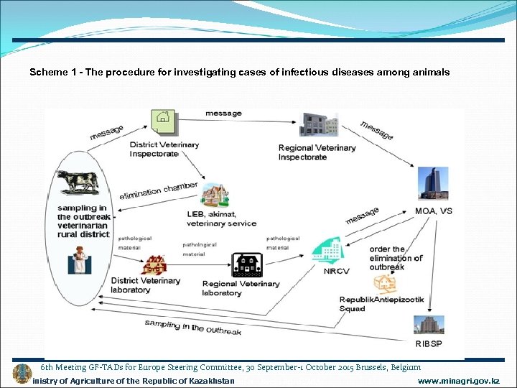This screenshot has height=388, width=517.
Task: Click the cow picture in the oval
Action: [78, 181]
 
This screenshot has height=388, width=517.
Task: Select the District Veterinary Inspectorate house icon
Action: [163, 122]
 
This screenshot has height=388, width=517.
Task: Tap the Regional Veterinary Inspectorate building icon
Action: [319, 124]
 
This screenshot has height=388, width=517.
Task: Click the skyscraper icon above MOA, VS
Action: [434, 183]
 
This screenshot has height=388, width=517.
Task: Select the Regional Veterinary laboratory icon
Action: [248, 265]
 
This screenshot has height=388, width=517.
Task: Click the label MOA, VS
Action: [434, 211]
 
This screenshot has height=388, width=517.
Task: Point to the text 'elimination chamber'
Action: [158, 191]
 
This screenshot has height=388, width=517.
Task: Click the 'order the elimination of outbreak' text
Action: [395, 258]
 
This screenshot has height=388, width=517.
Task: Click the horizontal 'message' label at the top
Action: [223, 114]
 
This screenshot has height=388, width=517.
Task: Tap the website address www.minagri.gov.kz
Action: [458, 380]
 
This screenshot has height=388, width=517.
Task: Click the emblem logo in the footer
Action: [22, 374]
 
